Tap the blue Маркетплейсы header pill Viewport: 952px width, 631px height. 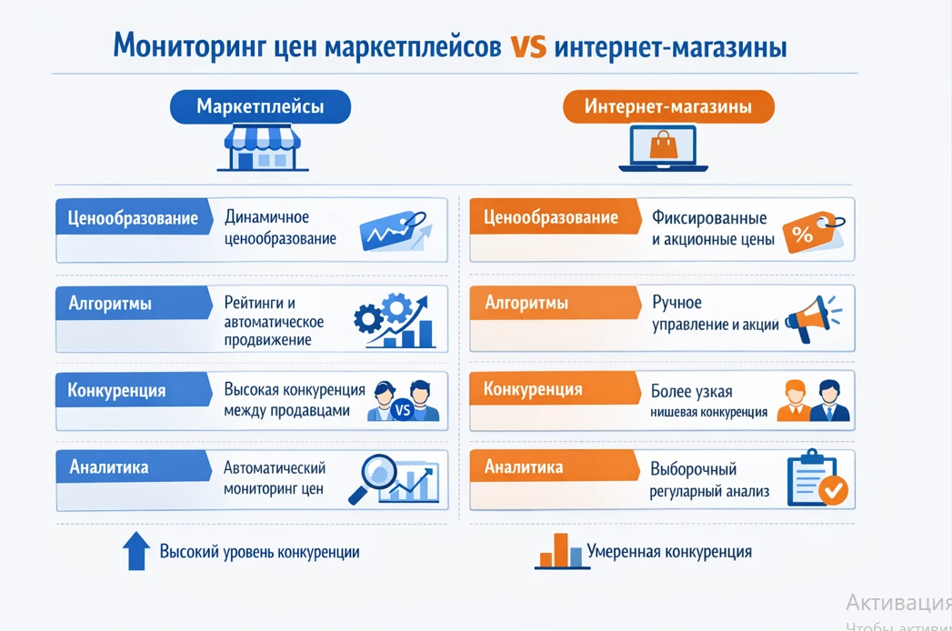260,107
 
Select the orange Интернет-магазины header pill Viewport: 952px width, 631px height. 668,107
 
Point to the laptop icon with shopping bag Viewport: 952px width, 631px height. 663,149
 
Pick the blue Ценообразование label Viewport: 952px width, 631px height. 133,219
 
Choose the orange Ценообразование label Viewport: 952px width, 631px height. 551,218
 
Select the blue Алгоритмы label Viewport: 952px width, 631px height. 110,304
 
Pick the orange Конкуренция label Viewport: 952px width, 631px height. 533,390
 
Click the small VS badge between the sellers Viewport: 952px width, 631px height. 405,411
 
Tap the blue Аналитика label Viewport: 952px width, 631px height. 109,467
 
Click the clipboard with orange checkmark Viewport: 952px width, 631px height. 815,479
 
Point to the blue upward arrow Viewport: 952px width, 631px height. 135,551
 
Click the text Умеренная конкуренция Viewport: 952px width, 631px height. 669,552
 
